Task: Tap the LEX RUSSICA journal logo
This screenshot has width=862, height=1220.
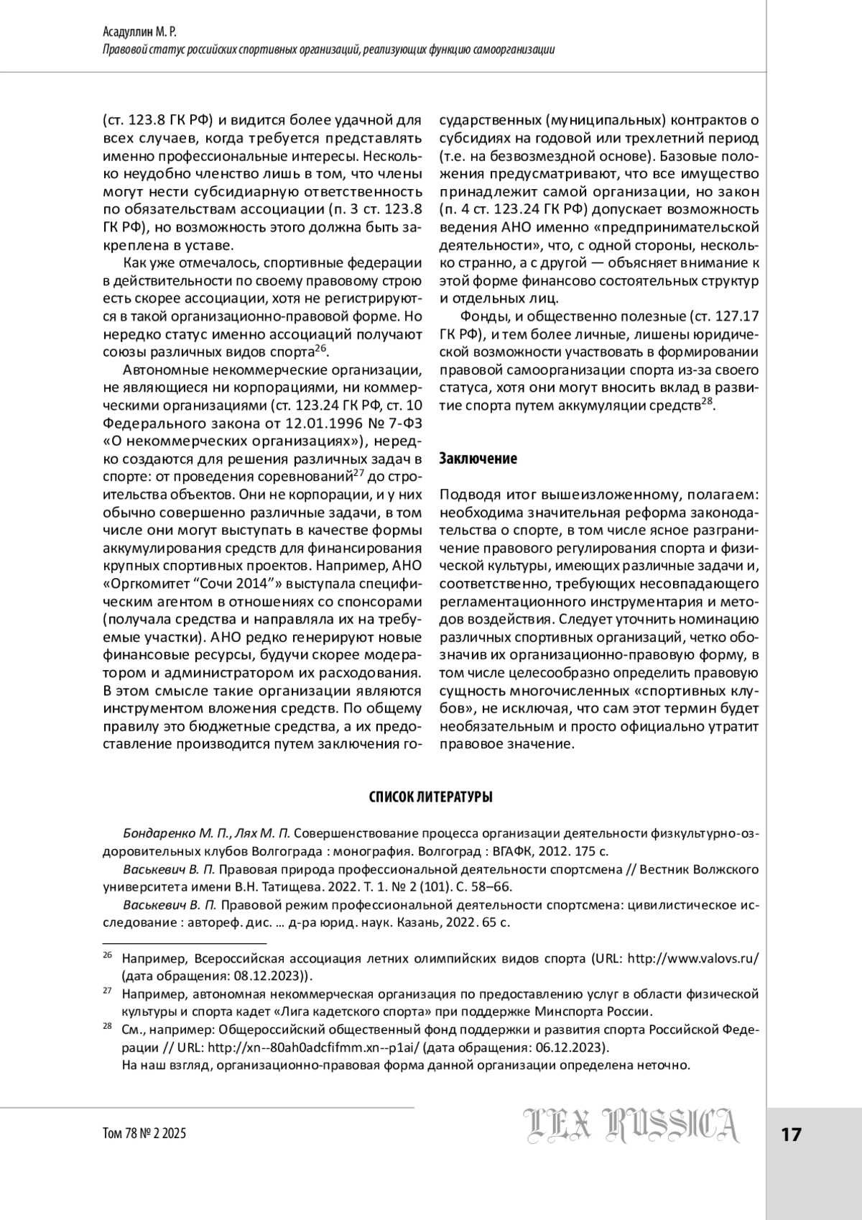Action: pyautogui.click(x=631, y=1125)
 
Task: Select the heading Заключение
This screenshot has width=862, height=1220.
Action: pyautogui.click(x=478, y=459)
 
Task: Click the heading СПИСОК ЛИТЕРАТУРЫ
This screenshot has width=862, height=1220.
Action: pyautogui.click(x=430, y=797)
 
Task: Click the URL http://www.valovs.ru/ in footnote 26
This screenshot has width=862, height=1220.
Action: pyautogui.click(x=693, y=958)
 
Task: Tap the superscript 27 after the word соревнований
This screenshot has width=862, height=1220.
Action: pyautogui.click(x=360, y=472)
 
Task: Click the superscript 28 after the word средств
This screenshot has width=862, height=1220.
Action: pyautogui.click(x=707, y=402)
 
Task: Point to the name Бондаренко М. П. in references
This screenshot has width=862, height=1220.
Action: pyautogui.click(x=167, y=834)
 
